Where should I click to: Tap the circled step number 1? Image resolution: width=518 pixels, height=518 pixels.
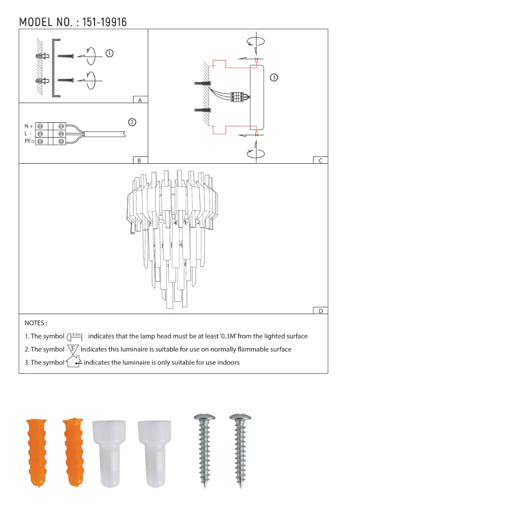pyautogui.click(x=109, y=53)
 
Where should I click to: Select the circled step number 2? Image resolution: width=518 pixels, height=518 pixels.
pyautogui.click(x=132, y=122)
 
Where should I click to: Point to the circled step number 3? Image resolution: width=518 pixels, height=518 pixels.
pyautogui.click(x=274, y=78)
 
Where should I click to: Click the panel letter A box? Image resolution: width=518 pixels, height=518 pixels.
pyautogui.click(x=140, y=100)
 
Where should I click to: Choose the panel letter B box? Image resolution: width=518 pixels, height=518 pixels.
pyautogui.click(x=140, y=161)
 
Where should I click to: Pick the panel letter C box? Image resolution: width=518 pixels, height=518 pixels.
pyautogui.click(x=320, y=161)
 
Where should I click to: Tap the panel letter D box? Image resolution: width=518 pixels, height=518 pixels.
pyautogui.click(x=320, y=311)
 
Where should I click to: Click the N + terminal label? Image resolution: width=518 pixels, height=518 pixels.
pyautogui.click(x=28, y=126)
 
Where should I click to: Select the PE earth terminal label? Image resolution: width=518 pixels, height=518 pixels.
pyautogui.click(x=29, y=141)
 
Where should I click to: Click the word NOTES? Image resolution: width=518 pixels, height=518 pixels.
pyautogui.click(x=36, y=323)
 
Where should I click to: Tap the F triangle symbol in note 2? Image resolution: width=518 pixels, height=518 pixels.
pyautogui.click(x=73, y=349)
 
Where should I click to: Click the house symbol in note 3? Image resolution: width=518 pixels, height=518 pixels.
pyautogui.click(x=74, y=362)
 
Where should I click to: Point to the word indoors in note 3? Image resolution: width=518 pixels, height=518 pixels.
pyautogui.click(x=228, y=363)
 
